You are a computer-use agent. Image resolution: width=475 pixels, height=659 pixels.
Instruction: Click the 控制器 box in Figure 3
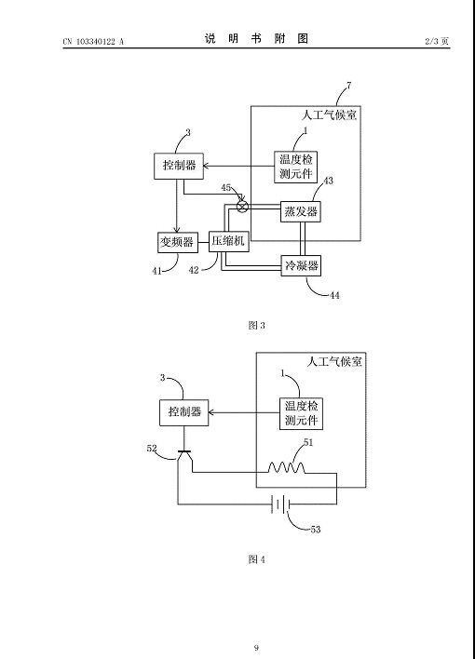click(179, 167)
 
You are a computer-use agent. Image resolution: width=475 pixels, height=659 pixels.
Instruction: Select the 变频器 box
click(178, 242)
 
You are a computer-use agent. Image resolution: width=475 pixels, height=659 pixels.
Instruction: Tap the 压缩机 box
click(229, 241)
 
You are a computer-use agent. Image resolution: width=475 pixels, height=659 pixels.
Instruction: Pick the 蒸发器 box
click(301, 211)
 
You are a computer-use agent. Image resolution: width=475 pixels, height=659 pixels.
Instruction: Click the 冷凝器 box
click(301, 265)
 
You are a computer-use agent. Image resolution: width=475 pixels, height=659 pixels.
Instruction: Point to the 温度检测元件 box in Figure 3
click(296, 167)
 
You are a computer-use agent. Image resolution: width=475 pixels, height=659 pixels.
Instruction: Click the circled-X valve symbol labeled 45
click(242, 207)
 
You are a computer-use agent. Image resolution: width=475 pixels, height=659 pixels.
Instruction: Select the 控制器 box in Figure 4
click(184, 412)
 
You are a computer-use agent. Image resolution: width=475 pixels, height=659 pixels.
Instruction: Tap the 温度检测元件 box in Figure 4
click(301, 413)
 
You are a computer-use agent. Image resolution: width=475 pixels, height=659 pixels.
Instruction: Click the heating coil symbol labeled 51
click(287, 467)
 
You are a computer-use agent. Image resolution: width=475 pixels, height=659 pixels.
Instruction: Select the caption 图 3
click(256, 325)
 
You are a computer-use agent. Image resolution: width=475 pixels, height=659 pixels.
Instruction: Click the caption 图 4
click(256, 559)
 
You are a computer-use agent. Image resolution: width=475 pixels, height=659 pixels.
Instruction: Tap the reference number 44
click(334, 295)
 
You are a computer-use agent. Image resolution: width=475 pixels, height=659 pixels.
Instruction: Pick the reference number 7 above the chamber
click(348, 86)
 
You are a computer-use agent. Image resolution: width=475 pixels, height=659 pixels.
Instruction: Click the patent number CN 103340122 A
click(93, 41)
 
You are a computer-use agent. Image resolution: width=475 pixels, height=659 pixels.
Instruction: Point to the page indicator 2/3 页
click(437, 41)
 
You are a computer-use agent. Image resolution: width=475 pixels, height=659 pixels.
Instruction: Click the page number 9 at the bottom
click(256, 647)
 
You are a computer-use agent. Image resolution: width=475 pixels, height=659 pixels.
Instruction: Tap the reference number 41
click(156, 271)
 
